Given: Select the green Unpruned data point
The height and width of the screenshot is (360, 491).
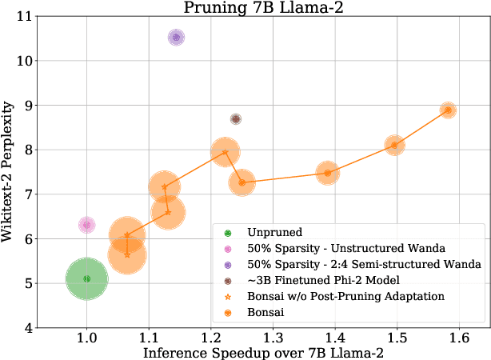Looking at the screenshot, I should pyautogui.click(x=86, y=278).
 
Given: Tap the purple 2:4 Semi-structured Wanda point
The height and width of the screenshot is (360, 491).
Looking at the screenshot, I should pyautogui.click(x=177, y=38).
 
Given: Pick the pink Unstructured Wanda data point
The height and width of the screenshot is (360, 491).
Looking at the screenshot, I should pyautogui.click(x=86, y=226).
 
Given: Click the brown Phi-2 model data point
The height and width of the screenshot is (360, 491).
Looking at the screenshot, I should pyautogui.click(x=235, y=119).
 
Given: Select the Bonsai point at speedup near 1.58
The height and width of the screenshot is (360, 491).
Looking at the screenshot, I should pyautogui.click(x=448, y=110).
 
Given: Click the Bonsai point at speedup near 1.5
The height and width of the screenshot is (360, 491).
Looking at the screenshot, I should pyautogui.click(x=394, y=146).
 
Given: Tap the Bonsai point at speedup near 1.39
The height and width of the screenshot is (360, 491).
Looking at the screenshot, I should pyautogui.click(x=327, y=173).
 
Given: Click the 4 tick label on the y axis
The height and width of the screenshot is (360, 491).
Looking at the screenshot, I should pyautogui.click(x=28, y=328).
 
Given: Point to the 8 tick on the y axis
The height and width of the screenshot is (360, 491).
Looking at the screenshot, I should pyautogui.click(x=28, y=150).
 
